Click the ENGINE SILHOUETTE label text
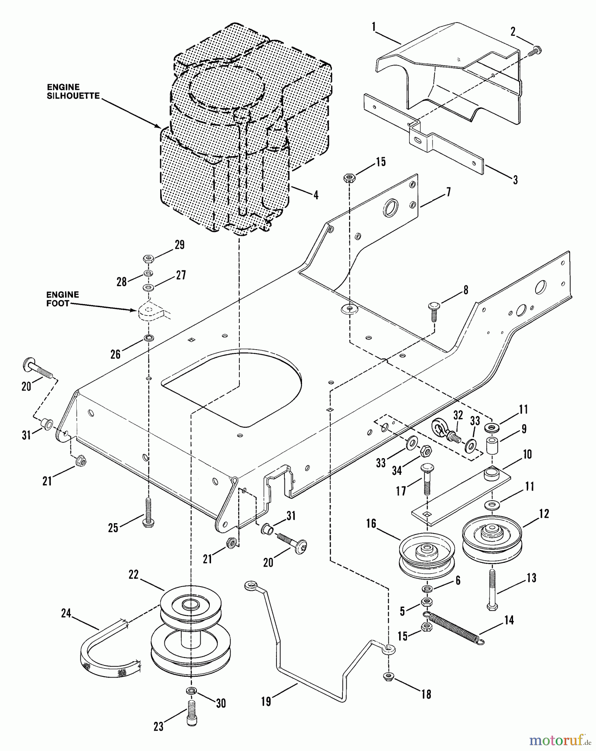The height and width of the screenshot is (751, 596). tap(73, 91)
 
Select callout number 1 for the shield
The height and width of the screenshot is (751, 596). tap(374, 27)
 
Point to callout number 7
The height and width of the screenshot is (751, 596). tap(448, 192)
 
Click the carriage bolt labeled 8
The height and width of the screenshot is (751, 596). tap(433, 311)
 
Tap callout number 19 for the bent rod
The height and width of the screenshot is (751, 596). tap(266, 701)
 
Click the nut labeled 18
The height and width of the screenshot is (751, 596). tap(388, 675)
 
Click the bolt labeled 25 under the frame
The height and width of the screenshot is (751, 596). tap(147, 513)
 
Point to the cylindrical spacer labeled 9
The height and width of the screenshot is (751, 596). tap(492, 446)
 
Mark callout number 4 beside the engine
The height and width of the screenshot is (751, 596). tap(316, 194)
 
